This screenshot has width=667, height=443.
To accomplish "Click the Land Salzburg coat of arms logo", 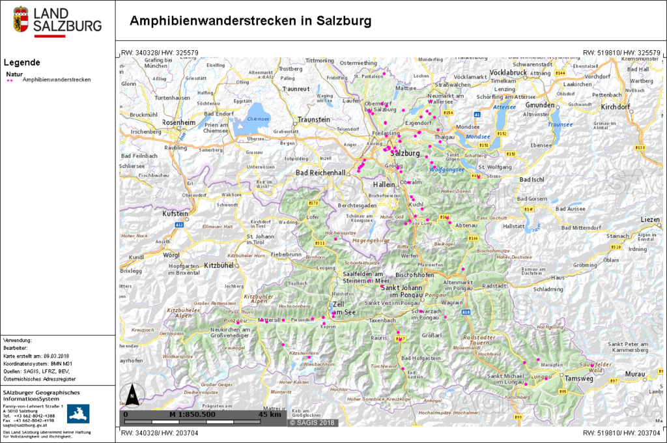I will (x=21, y=20).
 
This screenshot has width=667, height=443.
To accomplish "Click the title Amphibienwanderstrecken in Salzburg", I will (x=250, y=21).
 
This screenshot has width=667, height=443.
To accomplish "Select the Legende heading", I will (x=21, y=63).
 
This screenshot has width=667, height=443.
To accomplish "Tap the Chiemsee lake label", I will (x=259, y=119).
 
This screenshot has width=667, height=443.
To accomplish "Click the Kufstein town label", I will (x=175, y=213).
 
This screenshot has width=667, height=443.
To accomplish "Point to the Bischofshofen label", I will (x=414, y=275).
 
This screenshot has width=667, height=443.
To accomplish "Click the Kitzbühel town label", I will (x=218, y=266).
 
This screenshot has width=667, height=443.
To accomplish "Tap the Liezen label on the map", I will (x=650, y=220).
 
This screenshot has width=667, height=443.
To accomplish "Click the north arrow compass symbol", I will (x=132, y=394).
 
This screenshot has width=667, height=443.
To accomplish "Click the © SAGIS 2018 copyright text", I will (x=312, y=422).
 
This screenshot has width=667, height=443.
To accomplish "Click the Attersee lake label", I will (x=504, y=106).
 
